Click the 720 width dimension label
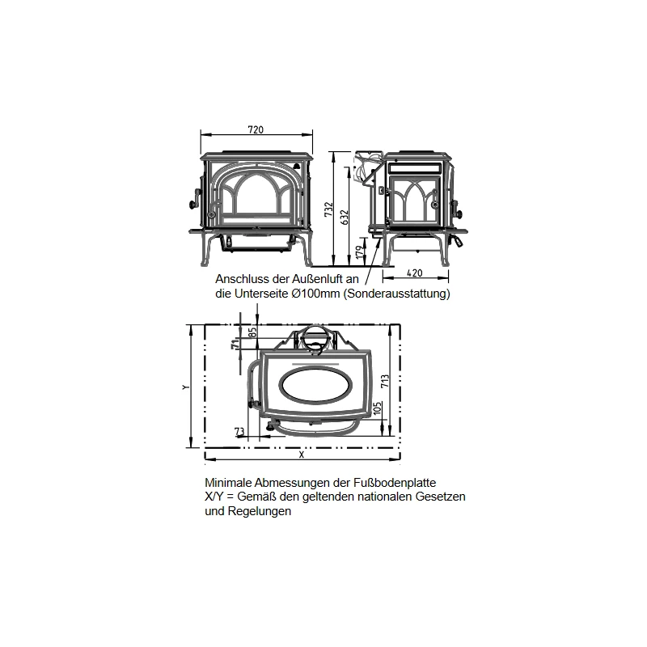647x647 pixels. point(256,129)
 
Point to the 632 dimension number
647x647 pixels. point(345,216)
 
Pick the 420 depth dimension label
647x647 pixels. point(416,273)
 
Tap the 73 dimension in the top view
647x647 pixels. point(239,431)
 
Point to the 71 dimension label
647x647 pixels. point(235,345)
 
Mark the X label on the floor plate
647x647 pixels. point(301,455)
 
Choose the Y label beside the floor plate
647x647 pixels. point(186,387)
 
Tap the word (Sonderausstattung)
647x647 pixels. point(395,294)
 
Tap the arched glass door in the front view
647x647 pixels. point(255,198)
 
